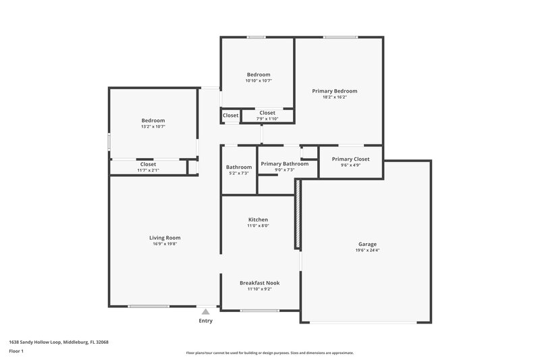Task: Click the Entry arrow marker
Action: pyautogui.click(x=205, y=311)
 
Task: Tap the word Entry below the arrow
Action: pyautogui.click(x=205, y=321)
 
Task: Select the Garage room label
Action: pyautogui.click(x=367, y=244)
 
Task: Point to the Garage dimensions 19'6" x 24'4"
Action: pyautogui.click(x=367, y=250)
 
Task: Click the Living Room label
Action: pyautogui.click(x=165, y=237)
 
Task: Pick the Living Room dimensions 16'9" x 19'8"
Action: pyautogui.click(x=165, y=244)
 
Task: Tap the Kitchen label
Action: pyautogui.click(x=258, y=220)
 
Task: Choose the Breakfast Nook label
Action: pyautogui.click(x=259, y=283)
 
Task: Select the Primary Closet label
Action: pyautogui.click(x=350, y=159)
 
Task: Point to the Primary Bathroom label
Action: pyautogui.click(x=284, y=163)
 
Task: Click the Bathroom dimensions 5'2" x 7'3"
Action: pyautogui.click(x=239, y=174)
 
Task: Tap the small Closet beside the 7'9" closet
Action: pyautogui.click(x=230, y=115)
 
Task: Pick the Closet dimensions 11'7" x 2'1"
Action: pyautogui.click(x=148, y=170)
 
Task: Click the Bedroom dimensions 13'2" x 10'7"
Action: pyautogui.click(x=153, y=126)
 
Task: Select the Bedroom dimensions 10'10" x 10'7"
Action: pyautogui.click(x=259, y=80)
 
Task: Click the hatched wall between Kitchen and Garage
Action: pyautogui.click(x=296, y=223)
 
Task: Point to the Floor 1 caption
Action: pyautogui.click(x=16, y=351)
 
